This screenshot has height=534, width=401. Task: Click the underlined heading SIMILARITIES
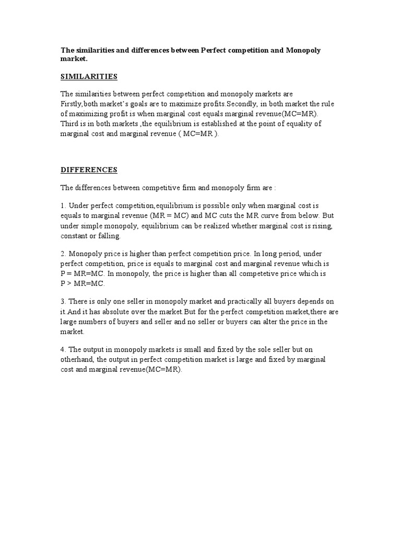point(89,77)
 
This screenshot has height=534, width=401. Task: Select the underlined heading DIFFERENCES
point(89,170)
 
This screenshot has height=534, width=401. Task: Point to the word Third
point(70,124)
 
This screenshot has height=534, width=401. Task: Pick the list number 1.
point(63,206)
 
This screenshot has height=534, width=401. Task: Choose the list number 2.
point(63,254)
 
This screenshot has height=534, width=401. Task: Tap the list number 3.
point(63,302)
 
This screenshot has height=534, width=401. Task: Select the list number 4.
point(63,349)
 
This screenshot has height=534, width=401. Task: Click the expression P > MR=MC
point(82,284)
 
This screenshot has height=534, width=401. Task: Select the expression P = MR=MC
point(84,274)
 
